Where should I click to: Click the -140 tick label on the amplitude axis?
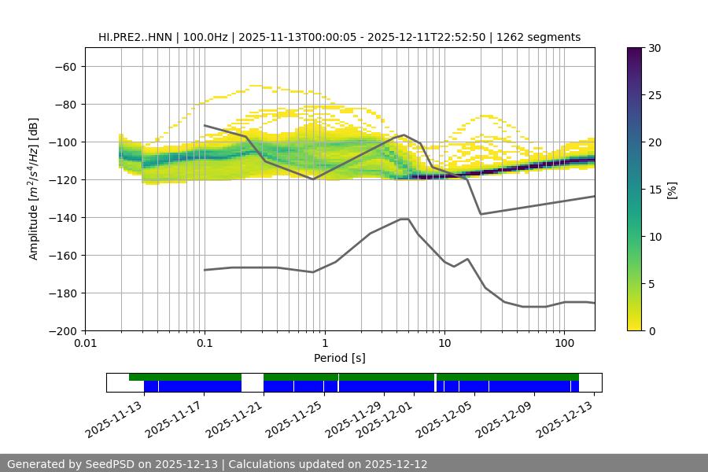point(64,218)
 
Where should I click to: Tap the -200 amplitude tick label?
point(64,331)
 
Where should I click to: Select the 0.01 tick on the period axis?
point(85,343)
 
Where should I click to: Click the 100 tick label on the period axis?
point(564,343)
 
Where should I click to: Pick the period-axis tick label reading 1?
point(324,343)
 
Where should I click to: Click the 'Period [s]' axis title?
point(340,358)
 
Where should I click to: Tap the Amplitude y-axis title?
point(34,189)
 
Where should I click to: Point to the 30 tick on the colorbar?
point(654,48)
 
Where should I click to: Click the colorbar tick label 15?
point(654,190)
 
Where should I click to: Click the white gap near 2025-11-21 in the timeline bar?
point(252,382)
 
